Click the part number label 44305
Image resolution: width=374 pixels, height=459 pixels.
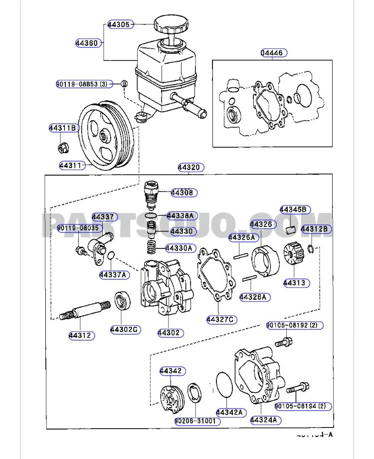tap(119, 24)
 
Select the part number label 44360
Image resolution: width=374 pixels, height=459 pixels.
tap(87, 43)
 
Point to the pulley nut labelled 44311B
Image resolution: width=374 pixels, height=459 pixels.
tap(63, 147)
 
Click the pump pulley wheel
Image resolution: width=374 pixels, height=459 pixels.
tap(106, 135)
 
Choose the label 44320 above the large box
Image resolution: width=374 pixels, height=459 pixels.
tap(191, 168)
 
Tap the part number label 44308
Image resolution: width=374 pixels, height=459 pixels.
tap(184, 193)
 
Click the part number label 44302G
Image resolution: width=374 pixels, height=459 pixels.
tap(125, 330)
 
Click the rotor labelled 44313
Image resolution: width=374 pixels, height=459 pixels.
tap(293, 254)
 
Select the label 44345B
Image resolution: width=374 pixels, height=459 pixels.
tap(293, 209)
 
